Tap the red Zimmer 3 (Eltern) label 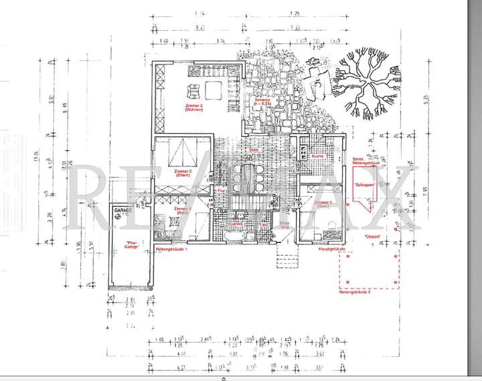(x=183, y=173)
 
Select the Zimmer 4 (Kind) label (x=183, y=211)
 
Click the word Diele (x=253, y=150)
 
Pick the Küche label (x=317, y=156)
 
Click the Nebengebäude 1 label (x=171, y=248)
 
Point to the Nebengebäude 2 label (x=354, y=293)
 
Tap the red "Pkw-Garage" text (x=133, y=244)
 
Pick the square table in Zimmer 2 (x=214, y=90)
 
